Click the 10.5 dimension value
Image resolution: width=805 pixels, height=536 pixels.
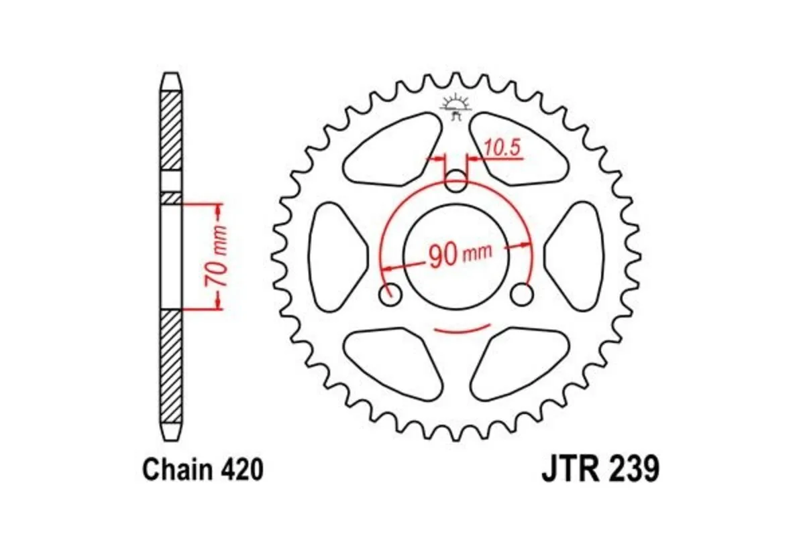click(502, 149)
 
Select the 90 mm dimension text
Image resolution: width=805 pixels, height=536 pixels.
click(460, 255)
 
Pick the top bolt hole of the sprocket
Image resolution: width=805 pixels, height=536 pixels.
click(457, 180)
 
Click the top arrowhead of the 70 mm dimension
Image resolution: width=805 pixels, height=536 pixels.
click(217, 211)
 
